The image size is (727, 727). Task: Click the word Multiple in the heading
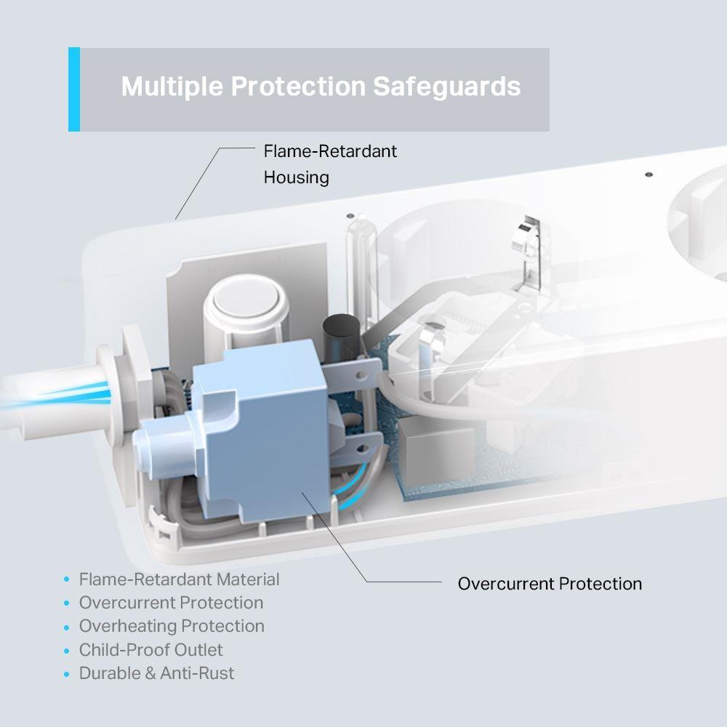pos(172,87)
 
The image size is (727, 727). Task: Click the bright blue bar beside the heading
pos(73,89)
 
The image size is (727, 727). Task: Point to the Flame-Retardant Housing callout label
pos(330,164)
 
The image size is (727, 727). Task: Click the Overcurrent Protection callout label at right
pos(550,583)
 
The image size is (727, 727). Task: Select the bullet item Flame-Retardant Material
pos(179,579)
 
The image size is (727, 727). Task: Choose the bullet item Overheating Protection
pos(172,626)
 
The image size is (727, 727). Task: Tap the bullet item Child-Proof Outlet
pos(151,649)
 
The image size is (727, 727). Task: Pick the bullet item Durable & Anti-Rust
pos(156,672)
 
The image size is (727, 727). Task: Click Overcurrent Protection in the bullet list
pos(171,603)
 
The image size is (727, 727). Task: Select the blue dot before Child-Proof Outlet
pos(67,650)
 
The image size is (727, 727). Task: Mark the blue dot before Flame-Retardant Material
pos(67,580)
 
